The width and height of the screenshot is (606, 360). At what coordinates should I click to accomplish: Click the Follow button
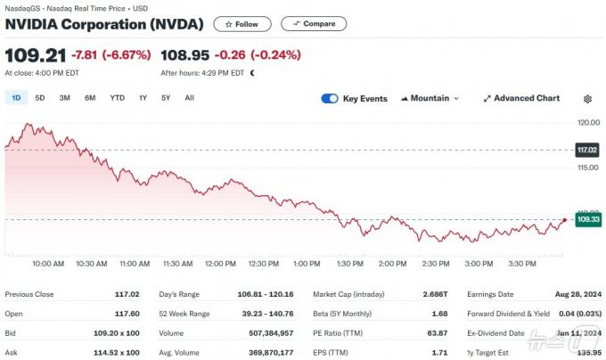pyautogui.click(x=242, y=24)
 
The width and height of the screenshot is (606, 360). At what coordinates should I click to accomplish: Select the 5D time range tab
pyautogui.click(x=40, y=98)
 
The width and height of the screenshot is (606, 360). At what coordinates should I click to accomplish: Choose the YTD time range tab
pyautogui.click(x=117, y=98)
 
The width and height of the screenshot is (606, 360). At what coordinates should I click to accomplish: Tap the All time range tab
pyautogui.click(x=189, y=98)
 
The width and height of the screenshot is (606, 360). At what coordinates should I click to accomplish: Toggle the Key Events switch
pyautogui.click(x=330, y=99)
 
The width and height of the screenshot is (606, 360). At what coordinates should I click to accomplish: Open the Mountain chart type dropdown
pyautogui.click(x=430, y=98)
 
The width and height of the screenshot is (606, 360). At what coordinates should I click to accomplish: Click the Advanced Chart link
pyautogui.click(x=521, y=98)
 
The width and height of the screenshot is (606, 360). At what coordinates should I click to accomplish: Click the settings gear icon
pyautogui.click(x=587, y=99)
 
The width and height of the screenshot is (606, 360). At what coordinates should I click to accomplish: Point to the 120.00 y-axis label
pyautogui.click(x=588, y=122)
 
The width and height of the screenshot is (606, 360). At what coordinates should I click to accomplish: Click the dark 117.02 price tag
pyautogui.click(x=587, y=150)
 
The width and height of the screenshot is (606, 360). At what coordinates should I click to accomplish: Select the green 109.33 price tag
pyautogui.click(x=588, y=219)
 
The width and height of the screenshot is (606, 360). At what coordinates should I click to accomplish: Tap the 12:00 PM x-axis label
pyautogui.click(x=220, y=264)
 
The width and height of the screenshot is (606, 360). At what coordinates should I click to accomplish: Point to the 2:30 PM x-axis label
pyautogui.click(x=436, y=264)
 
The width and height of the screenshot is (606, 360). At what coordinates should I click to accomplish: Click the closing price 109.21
pyautogui.click(x=36, y=55)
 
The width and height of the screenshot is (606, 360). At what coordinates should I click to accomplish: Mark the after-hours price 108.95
pyautogui.click(x=184, y=55)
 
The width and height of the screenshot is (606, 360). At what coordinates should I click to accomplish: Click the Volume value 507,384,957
pyautogui.click(x=271, y=333)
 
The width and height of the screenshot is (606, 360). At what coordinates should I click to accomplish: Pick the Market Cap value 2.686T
pyautogui.click(x=435, y=294)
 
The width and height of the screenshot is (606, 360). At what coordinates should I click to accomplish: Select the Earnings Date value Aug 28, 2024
pyautogui.click(x=578, y=294)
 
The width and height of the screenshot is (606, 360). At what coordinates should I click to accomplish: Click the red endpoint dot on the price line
pyautogui.click(x=565, y=220)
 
